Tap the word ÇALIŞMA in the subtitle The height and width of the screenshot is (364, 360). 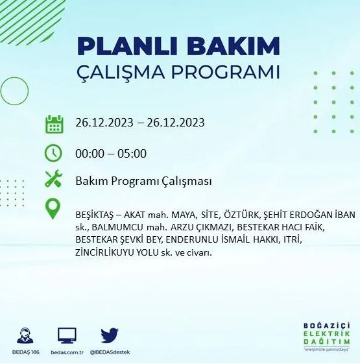tap(123, 71)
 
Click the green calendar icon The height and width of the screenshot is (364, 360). tap(54, 123)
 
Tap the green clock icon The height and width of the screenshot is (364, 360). tap(54, 153)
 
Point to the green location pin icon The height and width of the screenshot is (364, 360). tap(54, 209)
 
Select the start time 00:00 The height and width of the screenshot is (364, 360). tap(90, 154)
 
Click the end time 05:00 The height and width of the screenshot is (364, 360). tap(132, 154)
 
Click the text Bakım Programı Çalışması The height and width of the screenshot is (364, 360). tap(143, 182)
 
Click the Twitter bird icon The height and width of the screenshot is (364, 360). tap(109, 335)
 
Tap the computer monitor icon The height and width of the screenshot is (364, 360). tap(67, 335)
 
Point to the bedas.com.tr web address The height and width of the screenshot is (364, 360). tap(67, 352)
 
